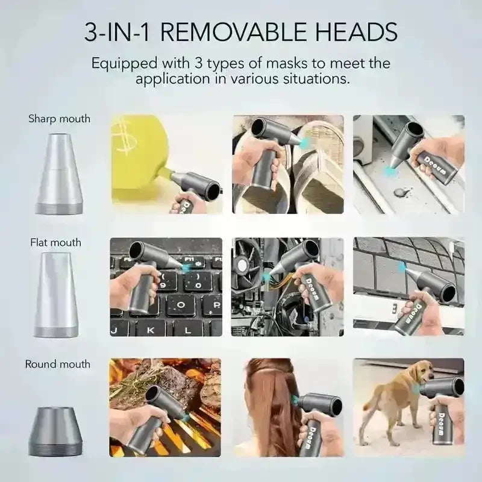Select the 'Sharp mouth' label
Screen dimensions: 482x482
pos(59,119)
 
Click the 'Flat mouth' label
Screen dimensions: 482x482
pos(55,243)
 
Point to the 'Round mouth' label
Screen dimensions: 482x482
pos(58,364)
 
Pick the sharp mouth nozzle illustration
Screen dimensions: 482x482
pos(58,174)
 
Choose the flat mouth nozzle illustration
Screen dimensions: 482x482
pos(56,295)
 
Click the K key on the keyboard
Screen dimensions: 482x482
pos(150,330)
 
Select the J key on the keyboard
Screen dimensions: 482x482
pos(114,331)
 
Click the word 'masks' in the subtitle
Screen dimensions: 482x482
pos(287,63)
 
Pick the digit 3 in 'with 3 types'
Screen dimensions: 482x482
pos(198,63)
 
